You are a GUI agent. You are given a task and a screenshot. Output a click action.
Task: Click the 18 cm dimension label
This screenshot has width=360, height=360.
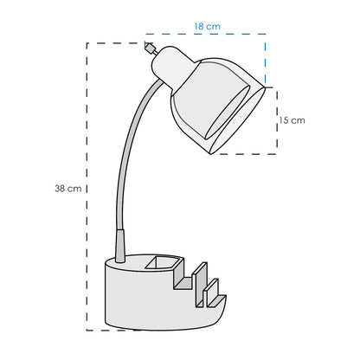coord(207,27)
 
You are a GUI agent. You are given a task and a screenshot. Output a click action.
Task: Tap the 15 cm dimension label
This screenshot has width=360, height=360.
coord(292,120)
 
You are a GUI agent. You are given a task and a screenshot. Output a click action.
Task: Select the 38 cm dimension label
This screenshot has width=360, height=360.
coord(68,189)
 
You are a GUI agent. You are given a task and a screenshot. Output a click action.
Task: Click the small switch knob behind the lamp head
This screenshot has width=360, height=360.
coord(150,48)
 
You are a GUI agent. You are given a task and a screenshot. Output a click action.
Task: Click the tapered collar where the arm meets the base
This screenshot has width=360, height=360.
coord(120,246)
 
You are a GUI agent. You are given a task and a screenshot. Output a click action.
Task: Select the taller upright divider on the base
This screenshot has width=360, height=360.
coord(200,283)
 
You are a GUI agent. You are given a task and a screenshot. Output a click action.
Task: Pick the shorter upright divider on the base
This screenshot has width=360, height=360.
coord(211,292)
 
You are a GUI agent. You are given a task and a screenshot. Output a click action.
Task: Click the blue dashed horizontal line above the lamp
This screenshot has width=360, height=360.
coord(205,34)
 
